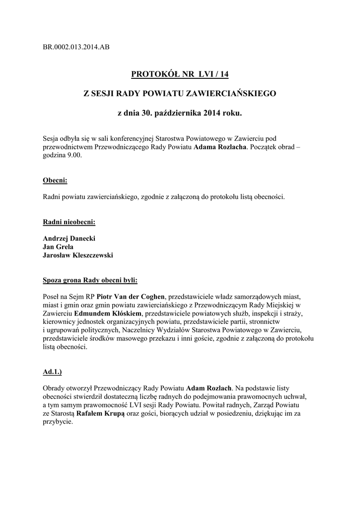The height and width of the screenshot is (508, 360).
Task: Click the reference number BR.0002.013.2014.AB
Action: pyautogui.click(x=76, y=47)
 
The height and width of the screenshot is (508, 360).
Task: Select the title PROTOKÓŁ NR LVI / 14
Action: pyautogui.click(x=180, y=74)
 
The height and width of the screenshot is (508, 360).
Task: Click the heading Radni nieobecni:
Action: pyautogui.click(x=70, y=222)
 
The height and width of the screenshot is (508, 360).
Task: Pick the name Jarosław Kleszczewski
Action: pyautogui.click(x=78, y=255)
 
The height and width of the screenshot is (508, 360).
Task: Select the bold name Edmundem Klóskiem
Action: pyautogui.click(x=108, y=314)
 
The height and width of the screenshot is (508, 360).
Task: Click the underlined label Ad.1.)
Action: pyautogui.click(x=53, y=371)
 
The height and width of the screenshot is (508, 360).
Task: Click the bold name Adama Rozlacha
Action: pyautogui.click(x=219, y=147)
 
